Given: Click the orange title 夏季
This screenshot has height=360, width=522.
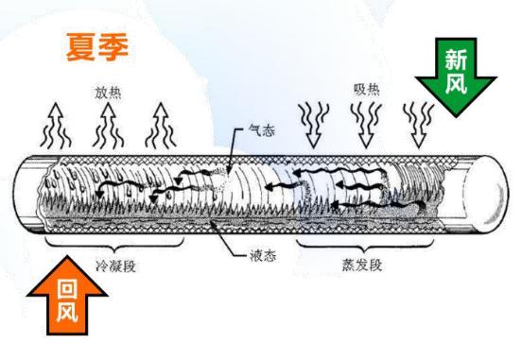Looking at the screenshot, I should point(97,47).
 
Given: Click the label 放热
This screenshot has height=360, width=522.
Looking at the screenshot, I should point(108,93).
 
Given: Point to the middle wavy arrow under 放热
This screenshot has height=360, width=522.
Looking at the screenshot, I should point(108,124).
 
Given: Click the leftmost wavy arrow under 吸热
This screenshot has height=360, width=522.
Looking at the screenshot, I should point(311,122).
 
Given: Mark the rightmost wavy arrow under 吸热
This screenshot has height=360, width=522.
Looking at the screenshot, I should point(415,122).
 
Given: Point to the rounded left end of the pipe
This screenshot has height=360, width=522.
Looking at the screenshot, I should point(23,195).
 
